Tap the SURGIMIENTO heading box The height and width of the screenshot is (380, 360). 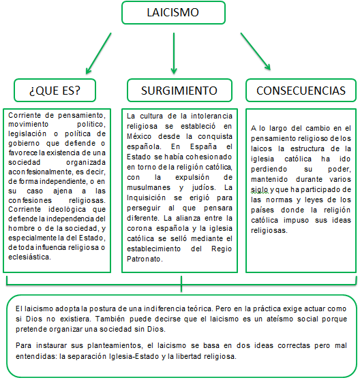click(x=179, y=90)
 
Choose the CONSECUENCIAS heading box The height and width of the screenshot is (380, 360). click(x=301, y=90)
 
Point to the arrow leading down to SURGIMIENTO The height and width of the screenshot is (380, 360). click(x=174, y=54)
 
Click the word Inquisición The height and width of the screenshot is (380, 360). click(x=149, y=197)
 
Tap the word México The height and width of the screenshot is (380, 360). click(x=142, y=136)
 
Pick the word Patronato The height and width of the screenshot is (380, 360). click(x=145, y=259)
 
